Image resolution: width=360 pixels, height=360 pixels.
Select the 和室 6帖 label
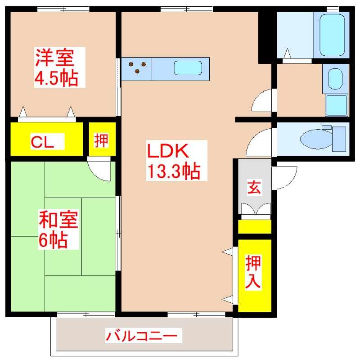[x=58, y=230]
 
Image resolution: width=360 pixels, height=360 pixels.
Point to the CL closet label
[x=43, y=142]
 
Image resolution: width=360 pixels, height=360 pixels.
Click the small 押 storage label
[x=102, y=140]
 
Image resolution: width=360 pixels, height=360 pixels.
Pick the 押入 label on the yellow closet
[x=253, y=272]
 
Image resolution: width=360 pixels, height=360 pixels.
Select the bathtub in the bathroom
[x=333, y=35]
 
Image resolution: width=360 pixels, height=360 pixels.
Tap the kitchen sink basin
[x=191, y=68]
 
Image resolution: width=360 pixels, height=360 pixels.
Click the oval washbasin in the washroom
[x=334, y=79]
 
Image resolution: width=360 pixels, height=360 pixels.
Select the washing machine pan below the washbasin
[x=336, y=106]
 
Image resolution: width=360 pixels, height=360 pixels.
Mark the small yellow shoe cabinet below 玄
[x=255, y=226]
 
